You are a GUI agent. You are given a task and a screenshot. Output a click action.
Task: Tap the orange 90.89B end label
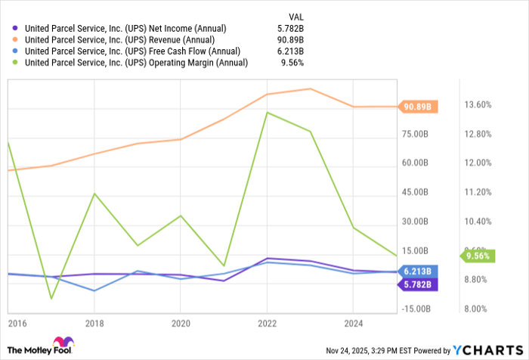(417, 107)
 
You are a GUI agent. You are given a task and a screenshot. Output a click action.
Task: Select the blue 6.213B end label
(417, 271)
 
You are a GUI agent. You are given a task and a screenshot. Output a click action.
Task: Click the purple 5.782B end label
(417, 284)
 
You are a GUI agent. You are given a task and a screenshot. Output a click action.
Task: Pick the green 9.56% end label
(477, 256)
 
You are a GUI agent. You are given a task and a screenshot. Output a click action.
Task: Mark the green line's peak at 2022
(267, 113)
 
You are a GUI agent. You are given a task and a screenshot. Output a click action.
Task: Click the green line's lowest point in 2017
(51, 299)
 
